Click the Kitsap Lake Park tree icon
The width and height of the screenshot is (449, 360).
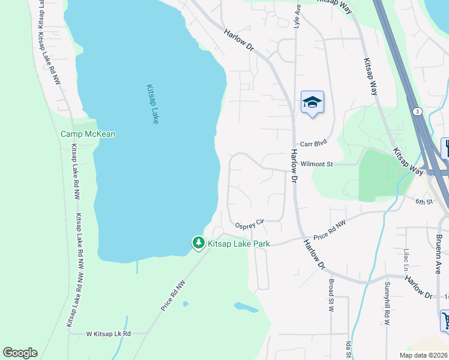click(198, 243)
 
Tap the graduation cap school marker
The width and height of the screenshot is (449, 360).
click(312, 102)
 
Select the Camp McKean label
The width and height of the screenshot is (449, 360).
click(88, 134)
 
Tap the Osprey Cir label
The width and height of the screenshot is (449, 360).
click(250, 223)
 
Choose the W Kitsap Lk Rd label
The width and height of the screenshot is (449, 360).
click(108, 334)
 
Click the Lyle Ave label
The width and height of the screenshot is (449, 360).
click(297, 16)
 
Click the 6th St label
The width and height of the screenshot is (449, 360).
click(424, 202)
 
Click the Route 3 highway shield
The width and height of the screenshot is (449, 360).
click(415, 112)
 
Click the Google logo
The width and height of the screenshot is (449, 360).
click(20, 353)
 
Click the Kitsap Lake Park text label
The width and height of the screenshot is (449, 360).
click(238, 244)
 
